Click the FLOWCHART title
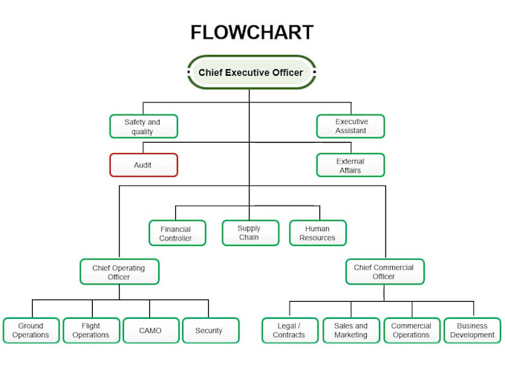click(x=252, y=33)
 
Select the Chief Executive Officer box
click(x=251, y=73)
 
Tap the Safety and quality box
click(x=143, y=126)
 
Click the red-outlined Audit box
click(x=143, y=165)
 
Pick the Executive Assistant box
click(x=351, y=126)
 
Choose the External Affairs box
click(x=351, y=165)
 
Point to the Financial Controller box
click(x=177, y=233)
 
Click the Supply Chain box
click(x=250, y=233)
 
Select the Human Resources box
click(x=318, y=233)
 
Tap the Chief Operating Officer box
click(x=119, y=272)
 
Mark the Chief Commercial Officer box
click(x=384, y=272)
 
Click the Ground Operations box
click(x=30, y=331)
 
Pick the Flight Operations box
click(x=91, y=331)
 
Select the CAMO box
click(x=149, y=331)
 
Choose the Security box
click(x=209, y=331)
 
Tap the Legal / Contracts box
click(x=290, y=331)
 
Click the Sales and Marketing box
click(x=351, y=331)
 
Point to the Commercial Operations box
click(x=411, y=331)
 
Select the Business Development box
click(x=472, y=331)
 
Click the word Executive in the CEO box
click(x=250, y=73)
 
